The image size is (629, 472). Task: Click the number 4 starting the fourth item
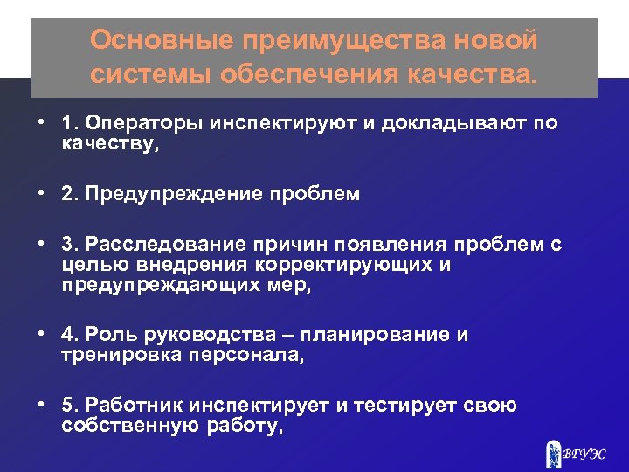coord(68,336)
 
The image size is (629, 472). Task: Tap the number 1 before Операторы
coord(67,123)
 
